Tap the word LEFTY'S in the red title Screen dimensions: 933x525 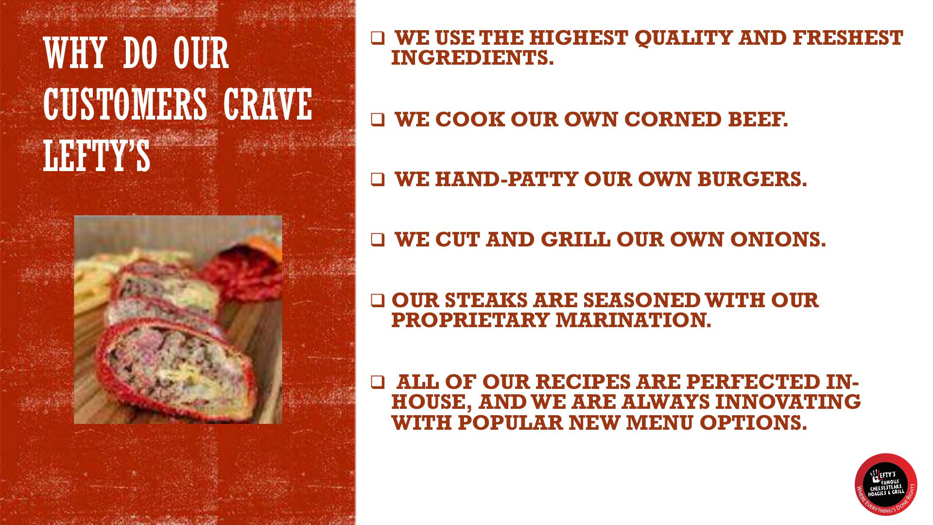97,155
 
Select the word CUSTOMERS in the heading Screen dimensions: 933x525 125,105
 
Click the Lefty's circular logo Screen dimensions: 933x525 885,484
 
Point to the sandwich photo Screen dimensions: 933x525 178,319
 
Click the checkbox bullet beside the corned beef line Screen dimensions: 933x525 378,120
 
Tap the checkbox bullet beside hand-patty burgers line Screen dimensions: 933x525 378,180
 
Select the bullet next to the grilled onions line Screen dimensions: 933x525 378,240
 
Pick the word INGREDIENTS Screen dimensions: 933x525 472,58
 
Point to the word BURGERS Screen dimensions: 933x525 752,180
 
